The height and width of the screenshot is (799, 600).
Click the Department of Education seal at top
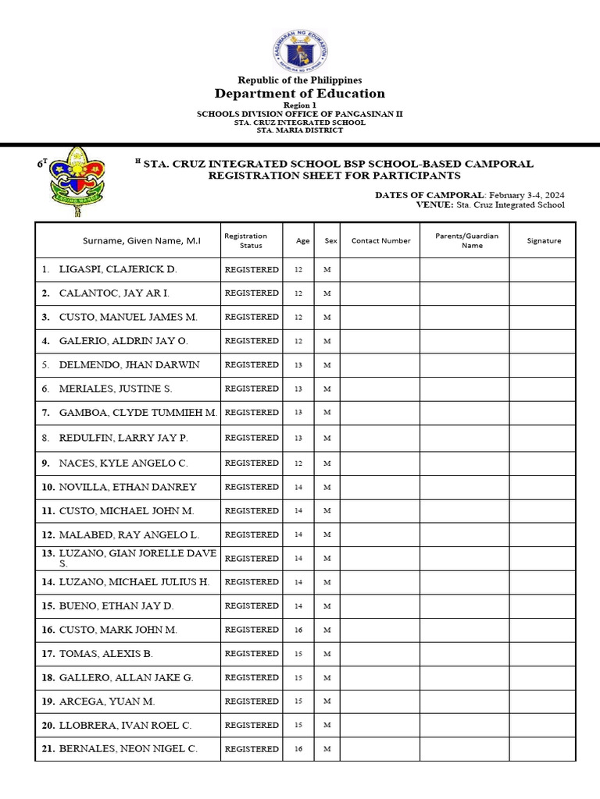pos(301,51)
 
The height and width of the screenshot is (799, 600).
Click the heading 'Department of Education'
pos(300,94)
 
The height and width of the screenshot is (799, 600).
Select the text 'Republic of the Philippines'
pos(300,80)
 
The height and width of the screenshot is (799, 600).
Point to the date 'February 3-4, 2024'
pos(527,194)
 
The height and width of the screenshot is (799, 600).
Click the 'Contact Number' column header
pos(380,241)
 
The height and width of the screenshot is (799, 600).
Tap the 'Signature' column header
pos(544,241)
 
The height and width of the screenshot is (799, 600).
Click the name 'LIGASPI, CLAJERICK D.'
pos(118,269)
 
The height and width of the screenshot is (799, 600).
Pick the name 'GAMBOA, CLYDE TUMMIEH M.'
pos(137,412)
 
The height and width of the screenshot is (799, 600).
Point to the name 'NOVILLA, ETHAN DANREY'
pos(127,487)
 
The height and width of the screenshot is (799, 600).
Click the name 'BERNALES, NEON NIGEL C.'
pos(128,749)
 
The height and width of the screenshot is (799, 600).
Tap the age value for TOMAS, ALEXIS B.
pos(298,654)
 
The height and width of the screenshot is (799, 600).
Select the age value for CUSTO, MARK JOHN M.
pos(298,630)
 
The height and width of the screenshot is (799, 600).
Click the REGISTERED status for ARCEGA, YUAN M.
pos(252,701)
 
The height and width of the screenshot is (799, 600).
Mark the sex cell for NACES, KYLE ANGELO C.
pos(327,463)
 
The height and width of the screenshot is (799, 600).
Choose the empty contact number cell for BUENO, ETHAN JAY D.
pos(380,606)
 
